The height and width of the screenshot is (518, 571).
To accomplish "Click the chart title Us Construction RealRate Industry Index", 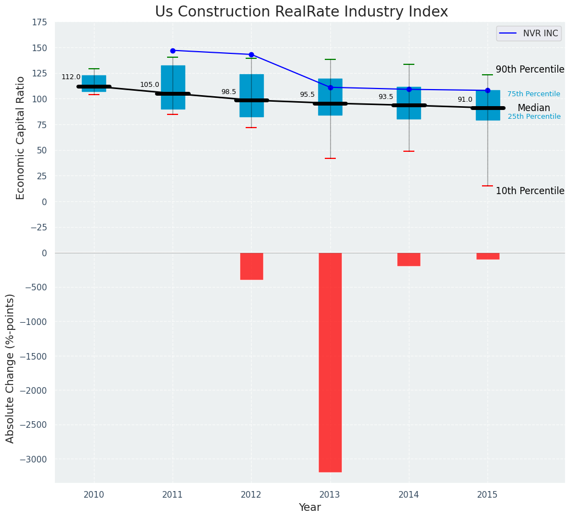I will (x=301, y=12).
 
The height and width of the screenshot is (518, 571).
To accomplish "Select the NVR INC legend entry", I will (x=528, y=34).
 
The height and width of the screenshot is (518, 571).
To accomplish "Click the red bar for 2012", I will (x=251, y=266).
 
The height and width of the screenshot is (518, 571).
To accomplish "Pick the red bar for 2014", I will (x=408, y=260).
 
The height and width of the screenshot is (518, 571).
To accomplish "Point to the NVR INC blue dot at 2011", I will (x=173, y=51).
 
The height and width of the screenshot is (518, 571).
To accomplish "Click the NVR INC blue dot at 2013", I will (x=330, y=87).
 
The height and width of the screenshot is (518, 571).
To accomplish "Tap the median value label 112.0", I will (x=71, y=78).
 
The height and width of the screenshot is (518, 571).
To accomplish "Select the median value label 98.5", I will (x=229, y=92).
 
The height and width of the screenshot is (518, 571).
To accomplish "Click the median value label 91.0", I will (x=465, y=100).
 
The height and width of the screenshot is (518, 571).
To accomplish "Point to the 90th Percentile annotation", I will (x=530, y=70).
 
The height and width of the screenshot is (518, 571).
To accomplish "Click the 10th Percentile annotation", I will (x=530, y=191).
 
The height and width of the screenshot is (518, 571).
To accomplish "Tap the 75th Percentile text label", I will (x=534, y=95).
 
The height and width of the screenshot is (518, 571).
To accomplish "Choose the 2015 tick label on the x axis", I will (x=487, y=495).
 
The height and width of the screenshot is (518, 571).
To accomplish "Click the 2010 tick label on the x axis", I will (x=94, y=495).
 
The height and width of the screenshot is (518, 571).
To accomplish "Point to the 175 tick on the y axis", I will (x=40, y=23).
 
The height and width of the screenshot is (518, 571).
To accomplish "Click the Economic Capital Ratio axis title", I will (x=21, y=137).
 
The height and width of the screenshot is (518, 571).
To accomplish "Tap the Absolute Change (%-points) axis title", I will (x=10, y=368).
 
